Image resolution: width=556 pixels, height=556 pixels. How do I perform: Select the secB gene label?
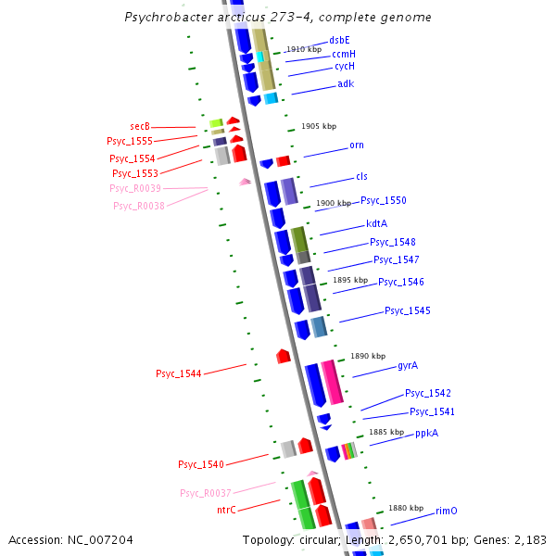[x=140, y=126]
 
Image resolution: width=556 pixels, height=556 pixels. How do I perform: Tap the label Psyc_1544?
[x=178, y=373]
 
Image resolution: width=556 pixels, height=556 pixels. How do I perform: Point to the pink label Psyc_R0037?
[x=206, y=493]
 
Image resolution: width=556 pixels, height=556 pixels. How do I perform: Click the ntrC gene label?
[x=226, y=510]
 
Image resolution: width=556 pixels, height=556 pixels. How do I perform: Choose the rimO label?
[x=447, y=511]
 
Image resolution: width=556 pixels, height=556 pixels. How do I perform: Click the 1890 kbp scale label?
[x=367, y=356]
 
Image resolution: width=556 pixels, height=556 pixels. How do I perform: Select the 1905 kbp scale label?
[x=319, y=126]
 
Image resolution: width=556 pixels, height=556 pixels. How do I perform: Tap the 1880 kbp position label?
[x=405, y=508]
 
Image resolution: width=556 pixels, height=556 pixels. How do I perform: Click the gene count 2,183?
[x=530, y=539]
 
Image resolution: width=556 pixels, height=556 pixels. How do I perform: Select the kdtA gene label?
[x=376, y=223]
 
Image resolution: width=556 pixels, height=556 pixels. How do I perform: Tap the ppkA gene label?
[x=426, y=433]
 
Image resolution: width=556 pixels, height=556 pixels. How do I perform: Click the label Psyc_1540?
[x=201, y=464]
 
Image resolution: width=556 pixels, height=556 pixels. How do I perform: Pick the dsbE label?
[x=339, y=40]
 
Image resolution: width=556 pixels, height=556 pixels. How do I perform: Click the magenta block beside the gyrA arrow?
[x=332, y=381]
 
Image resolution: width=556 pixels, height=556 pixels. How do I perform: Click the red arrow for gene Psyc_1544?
[x=284, y=356]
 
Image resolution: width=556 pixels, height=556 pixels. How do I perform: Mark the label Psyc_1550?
[x=383, y=200]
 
